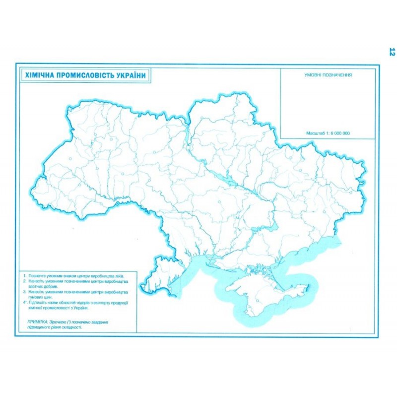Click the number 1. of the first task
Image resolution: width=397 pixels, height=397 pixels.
pos(24,275)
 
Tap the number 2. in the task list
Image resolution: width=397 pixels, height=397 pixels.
pos(24,281)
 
